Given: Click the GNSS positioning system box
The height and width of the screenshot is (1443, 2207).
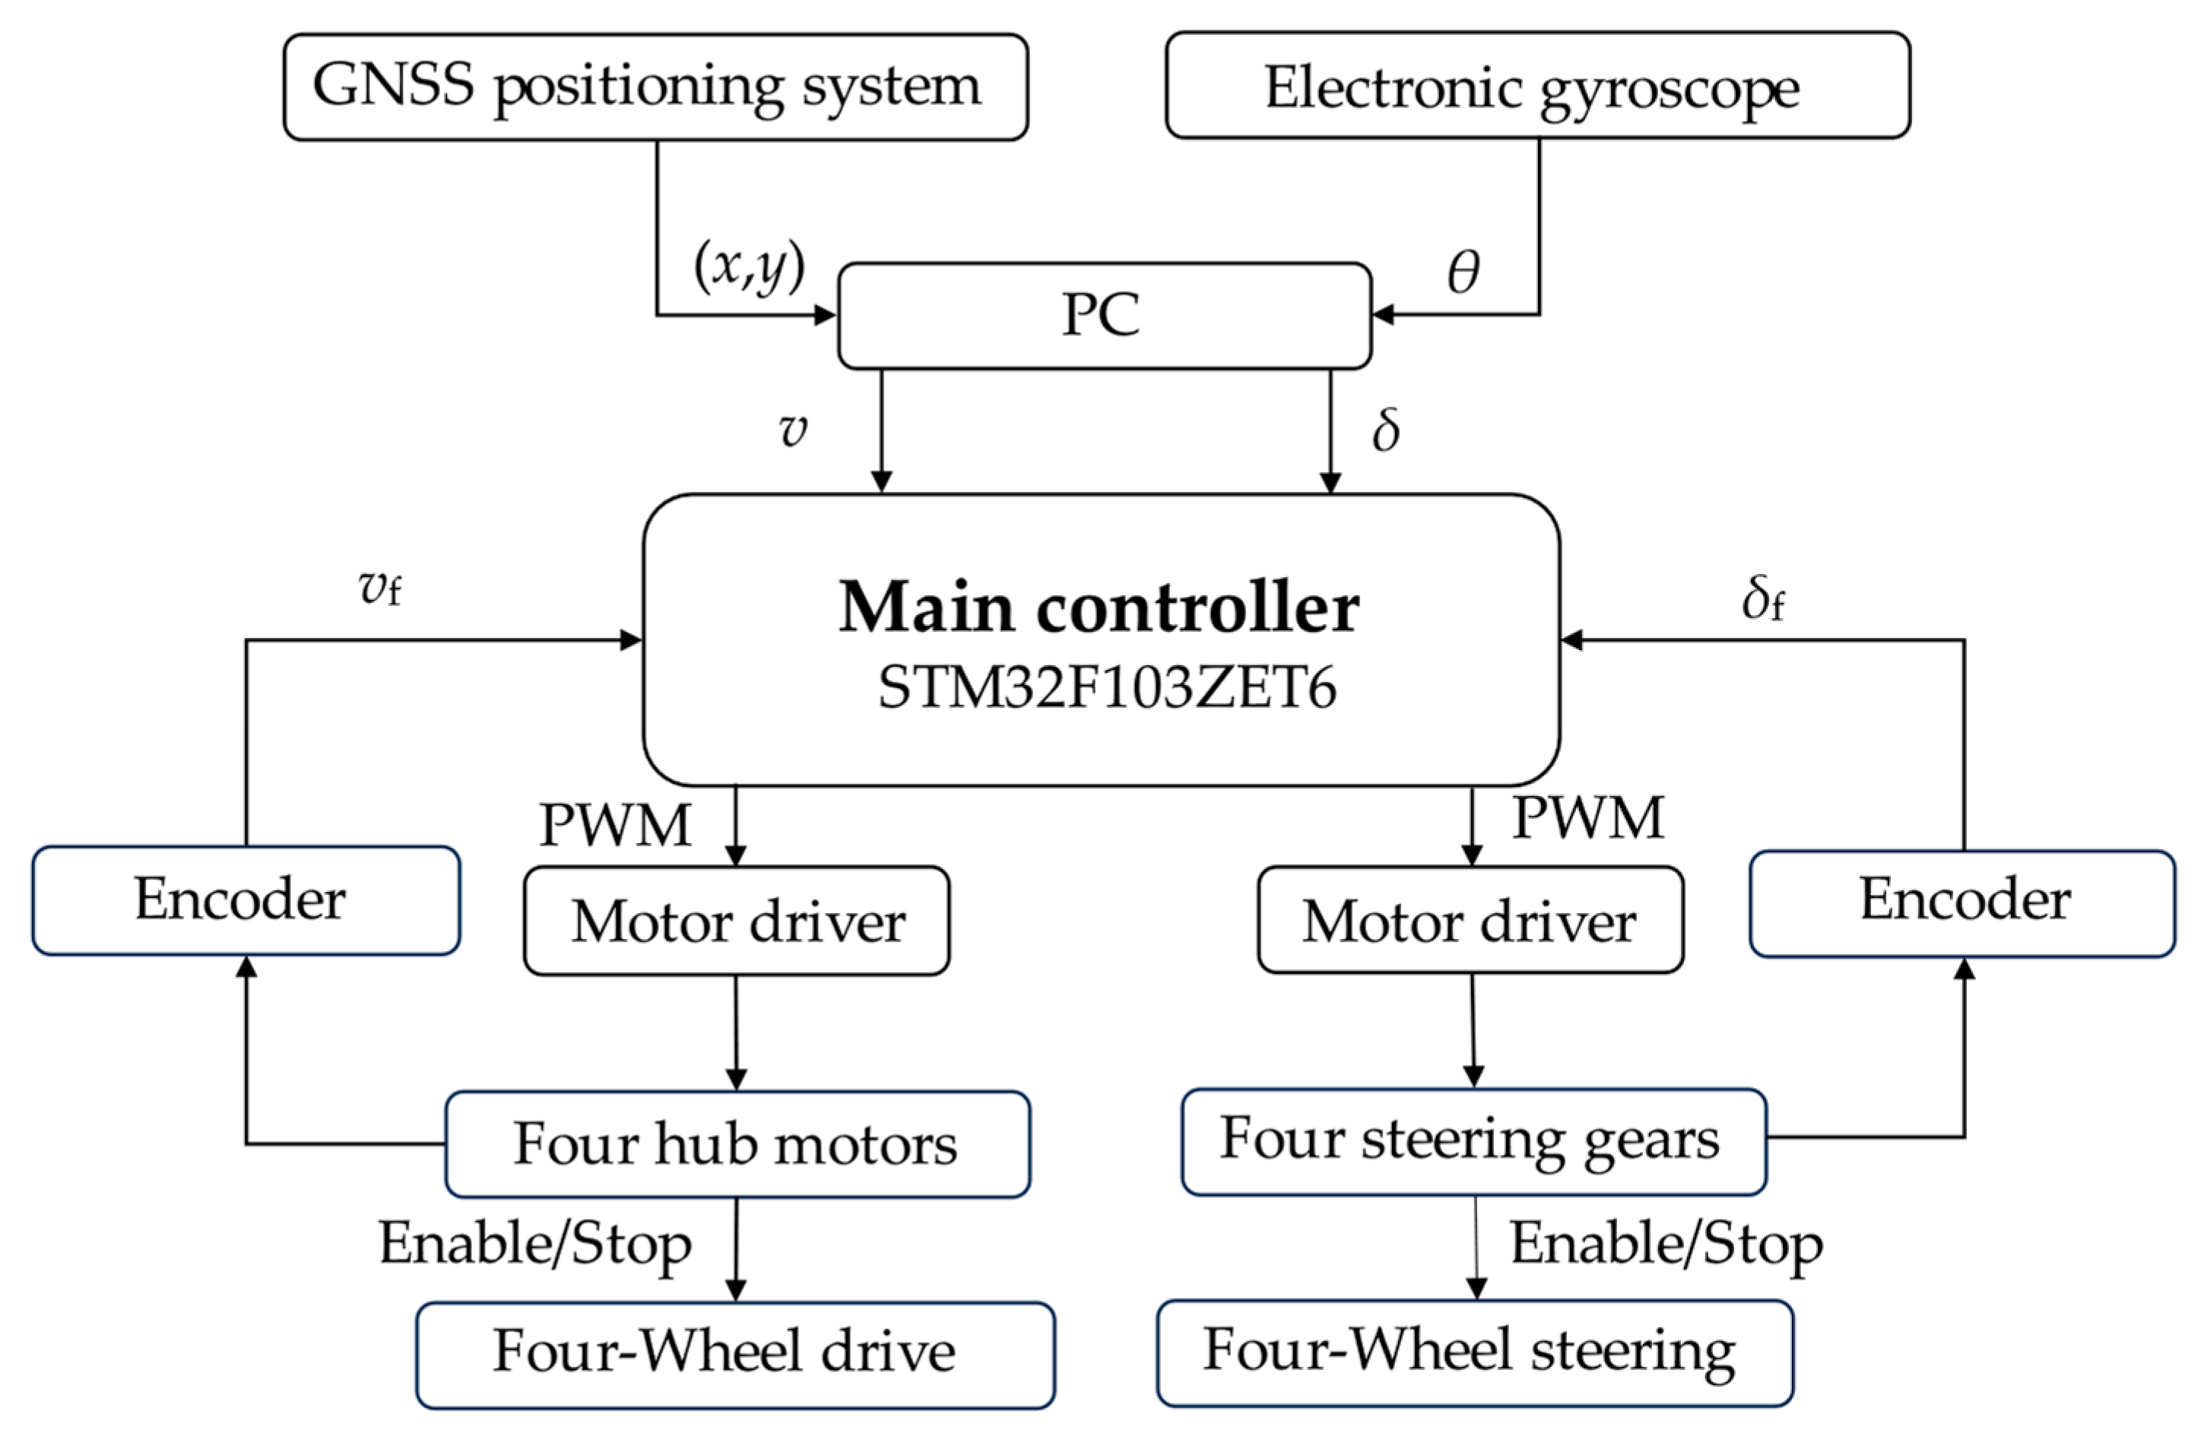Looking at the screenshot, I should pyautogui.click(x=655, y=87).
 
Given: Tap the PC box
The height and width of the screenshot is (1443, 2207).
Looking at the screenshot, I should pyautogui.click(x=1104, y=316).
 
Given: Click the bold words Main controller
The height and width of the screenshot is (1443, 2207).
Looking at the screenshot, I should pyautogui.click(x=1099, y=607).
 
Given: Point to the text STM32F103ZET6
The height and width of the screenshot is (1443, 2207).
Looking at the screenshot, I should pyautogui.click(x=1106, y=688).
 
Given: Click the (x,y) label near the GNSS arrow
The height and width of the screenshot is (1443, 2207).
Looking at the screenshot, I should pyautogui.click(x=750, y=266).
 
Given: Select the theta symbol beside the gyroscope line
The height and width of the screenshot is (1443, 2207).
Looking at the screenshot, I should pyautogui.click(x=1463, y=271).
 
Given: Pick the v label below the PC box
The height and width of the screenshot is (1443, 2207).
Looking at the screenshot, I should pyautogui.click(x=793, y=430).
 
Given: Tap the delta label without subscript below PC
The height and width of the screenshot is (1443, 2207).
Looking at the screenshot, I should pyautogui.click(x=1385, y=430).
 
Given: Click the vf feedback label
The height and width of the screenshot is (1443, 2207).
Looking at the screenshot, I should pyautogui.click(x=380, y=586).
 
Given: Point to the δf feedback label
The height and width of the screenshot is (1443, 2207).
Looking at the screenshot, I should pyautogui.click(x=1762, y=598).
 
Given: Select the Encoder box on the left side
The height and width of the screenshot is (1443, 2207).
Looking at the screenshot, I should pyautogui.click(x=246, y=899).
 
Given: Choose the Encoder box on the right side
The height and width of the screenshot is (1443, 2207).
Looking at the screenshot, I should pyautogui.click(x=1962, y=902).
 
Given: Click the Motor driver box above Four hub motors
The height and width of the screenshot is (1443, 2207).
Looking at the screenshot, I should pyautogui.click(x=736, y=921).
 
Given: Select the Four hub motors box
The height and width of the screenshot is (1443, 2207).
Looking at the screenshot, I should pyautogui.click(x=737, y=1143).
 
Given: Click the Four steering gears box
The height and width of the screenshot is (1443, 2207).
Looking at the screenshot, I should pyautogui.click(x=1473, y=1140).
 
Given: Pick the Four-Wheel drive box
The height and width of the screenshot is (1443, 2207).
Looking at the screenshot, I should pyautogui.click(x=734, y=1354).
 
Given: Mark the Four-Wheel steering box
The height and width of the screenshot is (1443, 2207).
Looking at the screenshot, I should pyautogui.click(x=1474, y=1352).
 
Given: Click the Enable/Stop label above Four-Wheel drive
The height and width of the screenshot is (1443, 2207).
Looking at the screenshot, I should pyautogui.click(x=535, y=1243).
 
